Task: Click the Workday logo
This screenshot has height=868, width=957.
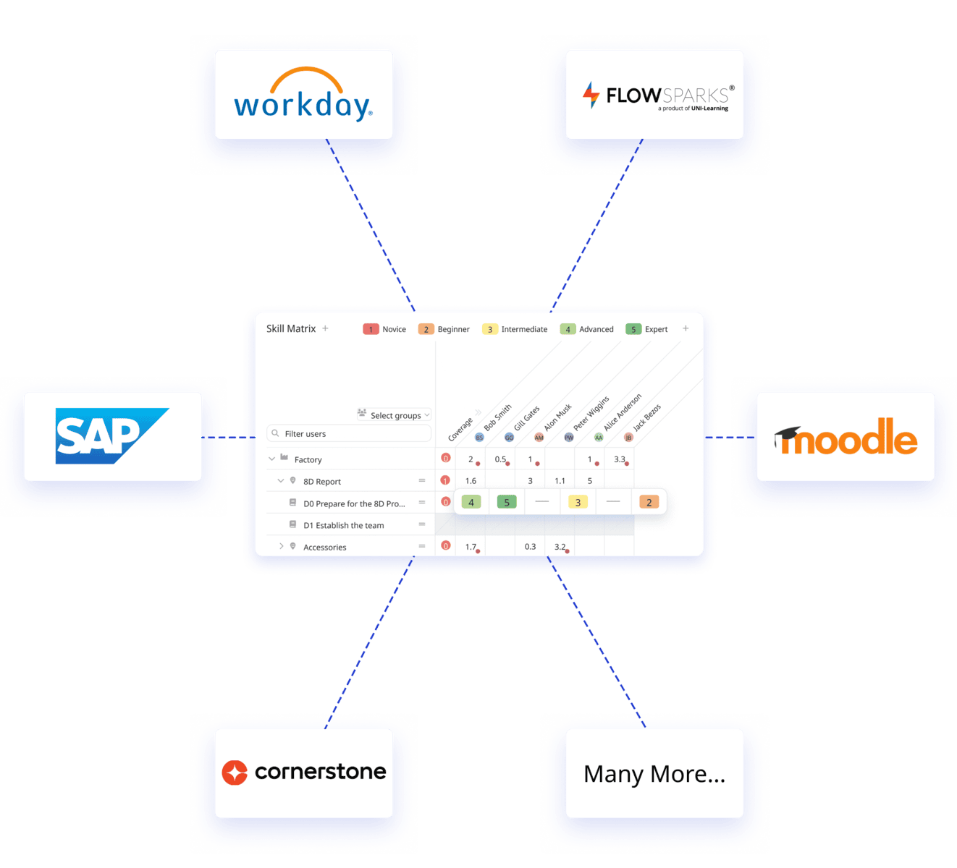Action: tap(303, 95)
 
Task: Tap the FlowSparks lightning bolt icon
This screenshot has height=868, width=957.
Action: tap(591, 95)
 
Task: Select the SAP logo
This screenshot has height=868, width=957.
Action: tap(112, 436)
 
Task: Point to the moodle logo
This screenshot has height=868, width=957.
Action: tap(846, 437)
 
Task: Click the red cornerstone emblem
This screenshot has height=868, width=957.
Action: tap(235, 773)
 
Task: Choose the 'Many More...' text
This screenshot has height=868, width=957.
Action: tap(654, 774)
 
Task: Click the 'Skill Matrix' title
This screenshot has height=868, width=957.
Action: tap(291, 328)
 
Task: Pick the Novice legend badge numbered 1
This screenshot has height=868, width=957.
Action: tap(371, 329)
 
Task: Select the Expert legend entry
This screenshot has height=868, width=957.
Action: tap(647, 329)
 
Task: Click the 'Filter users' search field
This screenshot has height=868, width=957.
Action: tap(349, 433)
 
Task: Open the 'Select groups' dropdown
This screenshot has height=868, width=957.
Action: tap(395, 415)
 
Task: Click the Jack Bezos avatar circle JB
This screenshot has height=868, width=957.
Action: tap(628, 438)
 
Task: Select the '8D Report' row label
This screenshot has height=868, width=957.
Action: tap(322, 482)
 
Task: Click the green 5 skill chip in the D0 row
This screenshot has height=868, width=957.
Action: tap(507, 502)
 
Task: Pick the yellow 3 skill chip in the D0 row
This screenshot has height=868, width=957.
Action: tap(578, 502)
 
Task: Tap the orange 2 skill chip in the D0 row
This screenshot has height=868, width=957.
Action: tap(649, 502)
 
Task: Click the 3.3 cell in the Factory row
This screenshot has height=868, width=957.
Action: tap(620, 459)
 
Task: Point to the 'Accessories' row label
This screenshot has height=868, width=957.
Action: tap(325, 548)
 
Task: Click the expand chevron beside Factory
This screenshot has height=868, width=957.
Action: tap(271, 459)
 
